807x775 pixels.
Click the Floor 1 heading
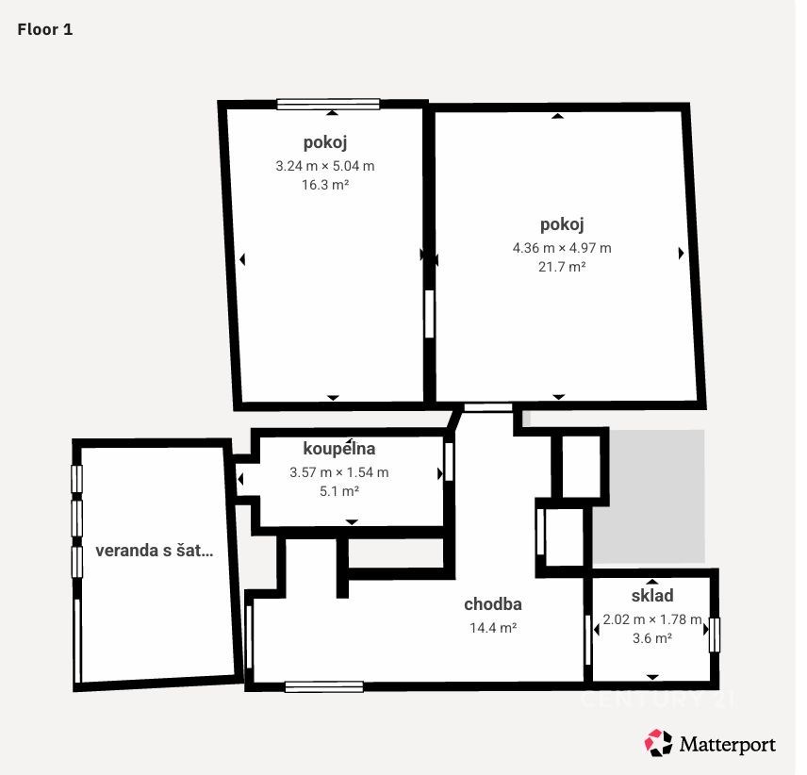[45, 29]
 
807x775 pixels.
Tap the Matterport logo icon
[658, 743]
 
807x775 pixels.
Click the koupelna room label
[339, 449]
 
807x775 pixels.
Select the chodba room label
[493, 604]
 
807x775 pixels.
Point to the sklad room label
[652, 596]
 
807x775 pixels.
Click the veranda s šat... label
[155, 551]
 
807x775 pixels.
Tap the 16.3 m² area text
[325, 185]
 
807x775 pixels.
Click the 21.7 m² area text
[562, 267]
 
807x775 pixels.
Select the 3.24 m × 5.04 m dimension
[325, 166]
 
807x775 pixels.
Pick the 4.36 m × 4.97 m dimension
[562, 248]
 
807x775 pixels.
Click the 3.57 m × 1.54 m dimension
[339, 472]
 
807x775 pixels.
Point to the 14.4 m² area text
[493, 628]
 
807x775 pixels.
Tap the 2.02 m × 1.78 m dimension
[652, 619]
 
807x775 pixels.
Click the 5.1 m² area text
[339, 491]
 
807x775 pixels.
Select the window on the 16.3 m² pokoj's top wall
[328, 104]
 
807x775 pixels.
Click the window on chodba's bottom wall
[324, 686]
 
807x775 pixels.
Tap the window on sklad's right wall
[715, 635]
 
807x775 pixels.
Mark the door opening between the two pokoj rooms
[429, 314]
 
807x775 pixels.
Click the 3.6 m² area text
[652, 638]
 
